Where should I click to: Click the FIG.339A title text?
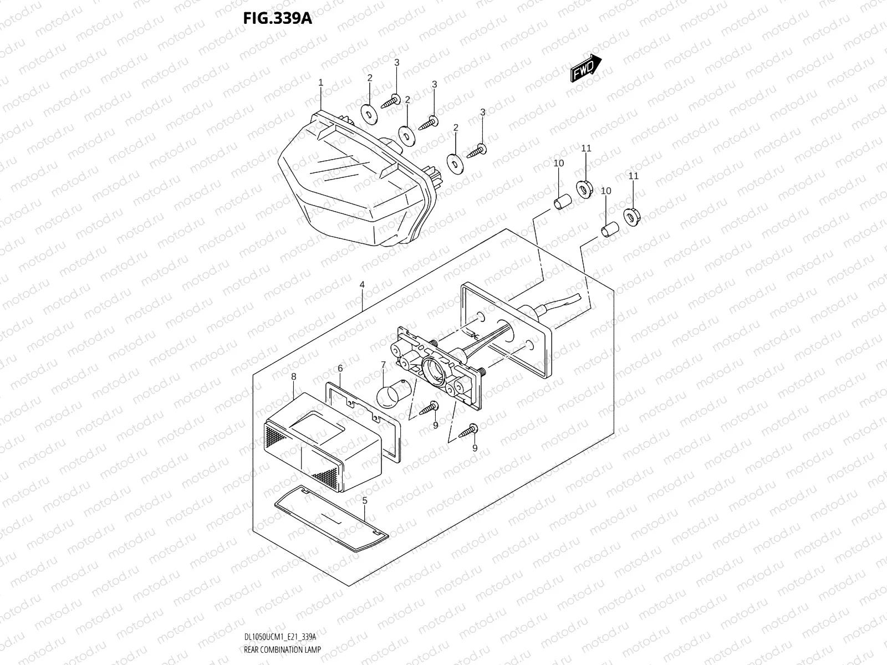[x=277, y=18]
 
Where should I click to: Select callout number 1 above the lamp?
[x=320, y=83]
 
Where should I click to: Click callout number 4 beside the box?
[x=361, y=284]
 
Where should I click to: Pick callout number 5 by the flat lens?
[x=364, y=500]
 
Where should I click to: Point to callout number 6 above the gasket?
[x=340, y=368]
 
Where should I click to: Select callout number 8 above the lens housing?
[x=293, y=376]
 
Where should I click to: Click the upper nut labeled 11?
[x=584, y=188]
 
